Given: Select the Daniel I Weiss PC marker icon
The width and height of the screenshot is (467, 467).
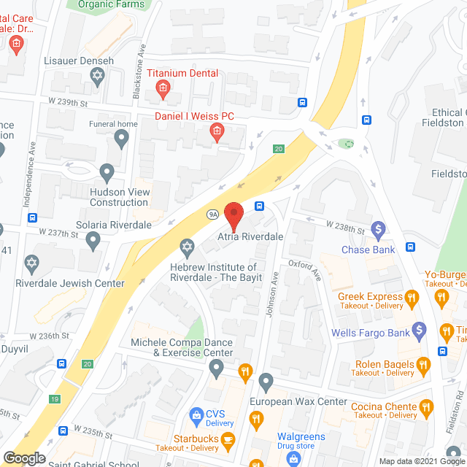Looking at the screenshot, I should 216,131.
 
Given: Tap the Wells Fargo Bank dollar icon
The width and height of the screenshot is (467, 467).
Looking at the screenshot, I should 419,332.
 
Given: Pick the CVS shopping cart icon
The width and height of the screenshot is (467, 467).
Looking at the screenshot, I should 196,415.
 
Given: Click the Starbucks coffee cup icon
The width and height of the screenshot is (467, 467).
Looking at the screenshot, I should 228,439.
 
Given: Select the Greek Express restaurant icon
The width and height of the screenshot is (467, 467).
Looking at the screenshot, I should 412,297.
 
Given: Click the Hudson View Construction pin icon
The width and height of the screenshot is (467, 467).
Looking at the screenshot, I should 107,174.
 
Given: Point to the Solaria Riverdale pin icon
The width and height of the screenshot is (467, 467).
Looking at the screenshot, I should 93,239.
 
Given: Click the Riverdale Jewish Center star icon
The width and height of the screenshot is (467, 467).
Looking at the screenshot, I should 31,261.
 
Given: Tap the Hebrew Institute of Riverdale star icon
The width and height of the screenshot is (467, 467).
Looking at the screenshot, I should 188,247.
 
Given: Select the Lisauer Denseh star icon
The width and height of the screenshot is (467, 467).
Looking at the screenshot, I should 98,75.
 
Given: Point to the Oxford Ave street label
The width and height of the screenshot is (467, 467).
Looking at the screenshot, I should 304,271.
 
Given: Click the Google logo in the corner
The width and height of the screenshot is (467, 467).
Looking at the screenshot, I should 24,458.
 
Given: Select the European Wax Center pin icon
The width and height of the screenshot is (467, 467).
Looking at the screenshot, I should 266,381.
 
